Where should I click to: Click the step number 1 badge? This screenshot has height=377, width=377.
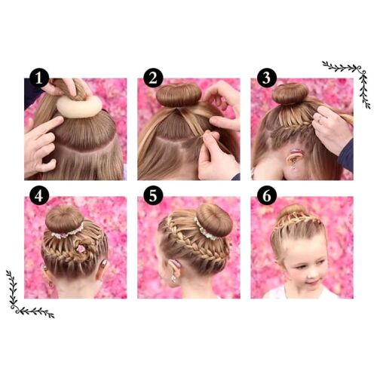(x=39, y=78)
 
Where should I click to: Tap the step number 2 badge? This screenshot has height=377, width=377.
(x=153, y=78)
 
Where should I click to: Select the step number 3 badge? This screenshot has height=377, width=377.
(x=267, y=78)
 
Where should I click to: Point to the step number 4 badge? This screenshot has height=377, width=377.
(x=39, y=196)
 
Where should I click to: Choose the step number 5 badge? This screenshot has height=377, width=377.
(x=153, y=196)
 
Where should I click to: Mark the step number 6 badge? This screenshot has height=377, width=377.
(x=267, y=196)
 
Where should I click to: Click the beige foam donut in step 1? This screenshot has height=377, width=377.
(x=79, y=107)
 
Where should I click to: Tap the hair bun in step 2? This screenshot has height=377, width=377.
(x=179, y=95)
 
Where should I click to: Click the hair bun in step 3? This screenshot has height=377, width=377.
(x=290, y=93)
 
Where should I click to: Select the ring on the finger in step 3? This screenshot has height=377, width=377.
(x=320, y=119)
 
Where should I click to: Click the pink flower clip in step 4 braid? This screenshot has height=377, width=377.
(x=81, y=249)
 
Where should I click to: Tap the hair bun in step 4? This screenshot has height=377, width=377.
(x=64, y=219)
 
